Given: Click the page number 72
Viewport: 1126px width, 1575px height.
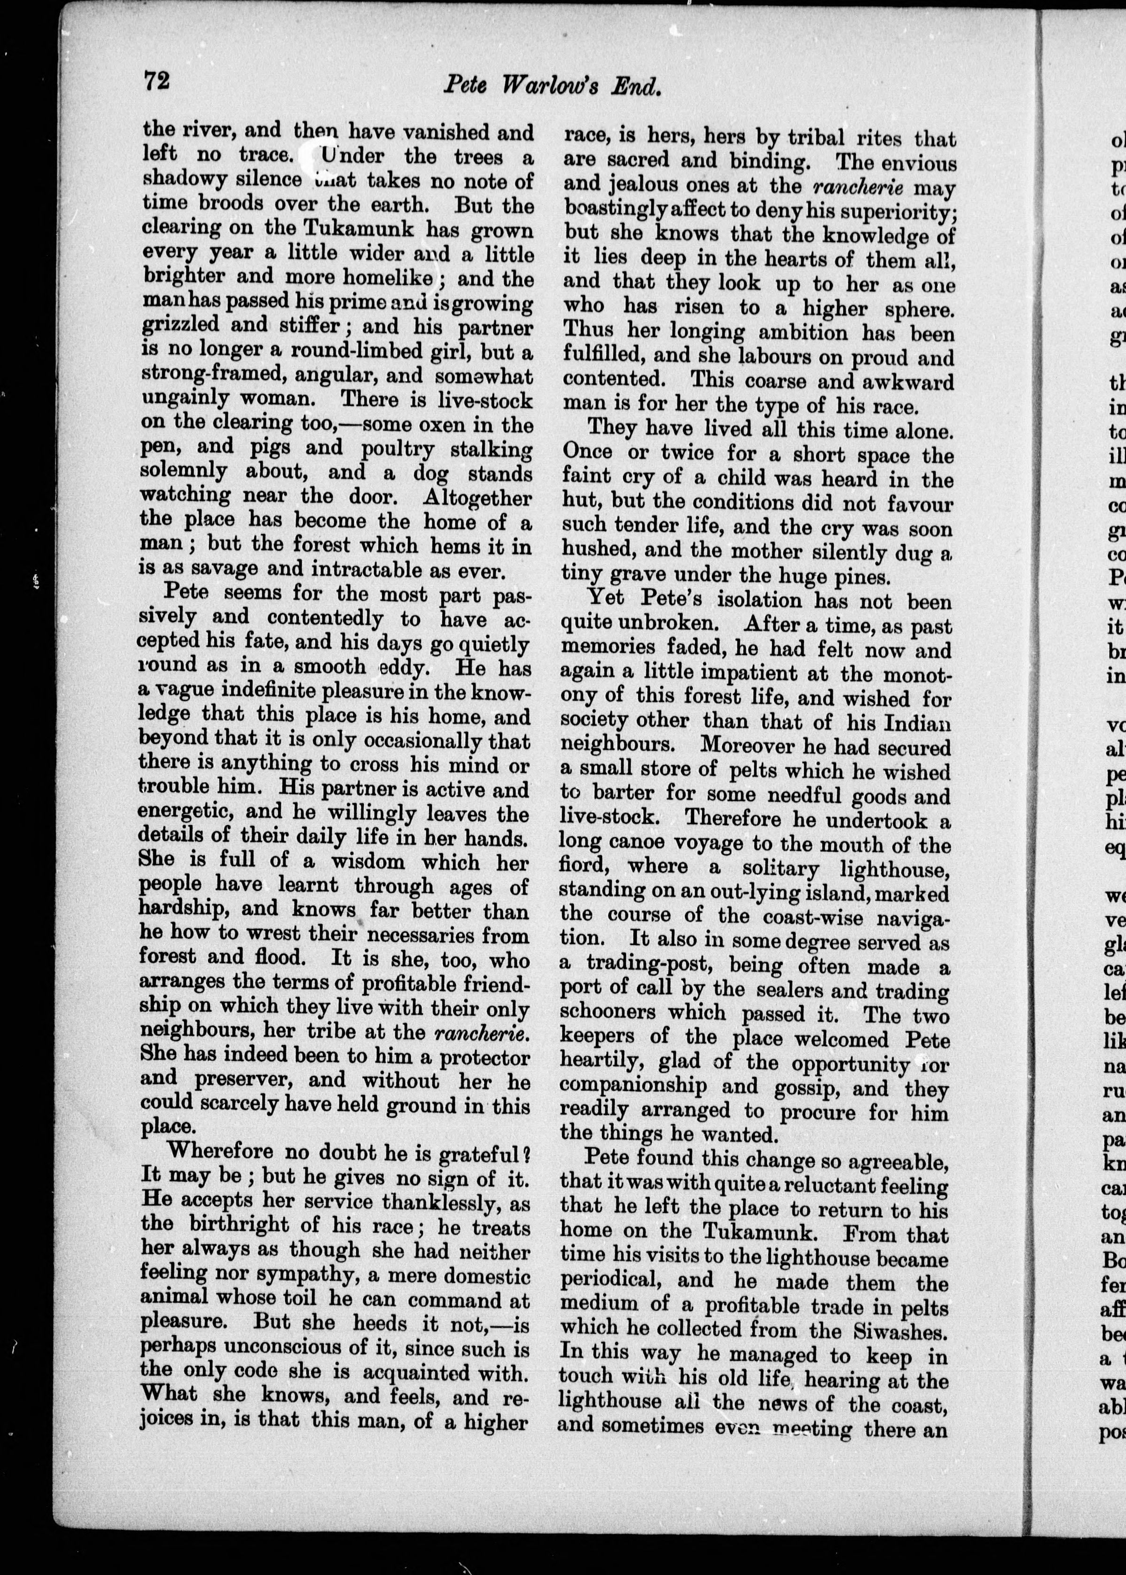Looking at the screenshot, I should (156, 81).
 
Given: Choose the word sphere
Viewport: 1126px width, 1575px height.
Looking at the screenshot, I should (919, 309).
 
